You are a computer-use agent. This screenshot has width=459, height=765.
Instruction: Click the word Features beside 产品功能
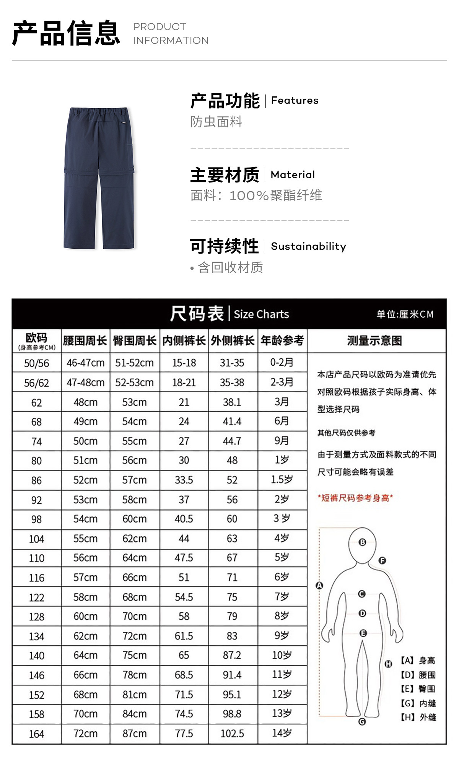click(x=295, y=101)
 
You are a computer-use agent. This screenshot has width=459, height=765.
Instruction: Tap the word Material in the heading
click(x=293, y=175)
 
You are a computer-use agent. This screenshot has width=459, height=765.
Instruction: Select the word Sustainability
click(x=308, y=246)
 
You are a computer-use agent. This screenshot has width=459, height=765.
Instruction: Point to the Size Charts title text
click(x=261, y=314)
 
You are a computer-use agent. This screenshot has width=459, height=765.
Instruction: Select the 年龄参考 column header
click(x=282, y=340)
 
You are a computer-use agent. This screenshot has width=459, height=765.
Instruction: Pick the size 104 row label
click(x=36, y=539)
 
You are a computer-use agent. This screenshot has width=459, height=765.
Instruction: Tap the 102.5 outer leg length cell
click(x=232, y=734)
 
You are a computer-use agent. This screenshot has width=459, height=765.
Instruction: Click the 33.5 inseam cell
click(x=184, y=480)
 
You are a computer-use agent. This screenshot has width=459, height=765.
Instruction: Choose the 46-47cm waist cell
click(x=85, y=363)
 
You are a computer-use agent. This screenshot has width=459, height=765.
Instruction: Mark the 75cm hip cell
click(x=134, y=655)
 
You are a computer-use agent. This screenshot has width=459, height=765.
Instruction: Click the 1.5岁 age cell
click(x=282, y=479)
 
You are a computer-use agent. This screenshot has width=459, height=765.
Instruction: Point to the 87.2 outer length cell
click(x=232, y=655)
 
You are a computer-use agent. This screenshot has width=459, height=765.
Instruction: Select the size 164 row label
click(x=36, y=734)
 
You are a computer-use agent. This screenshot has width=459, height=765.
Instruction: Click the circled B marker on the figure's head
click(x=362, y=542)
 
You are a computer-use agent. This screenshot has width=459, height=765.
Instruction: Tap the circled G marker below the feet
click(x=362, y=722)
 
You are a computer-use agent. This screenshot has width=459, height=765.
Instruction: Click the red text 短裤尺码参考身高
click(x=355, y=498)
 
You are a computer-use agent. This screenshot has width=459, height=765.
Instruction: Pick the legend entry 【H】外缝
click(x=418, y=717)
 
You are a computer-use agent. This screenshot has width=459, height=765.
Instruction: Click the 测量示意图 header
click(x=374, y=340)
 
